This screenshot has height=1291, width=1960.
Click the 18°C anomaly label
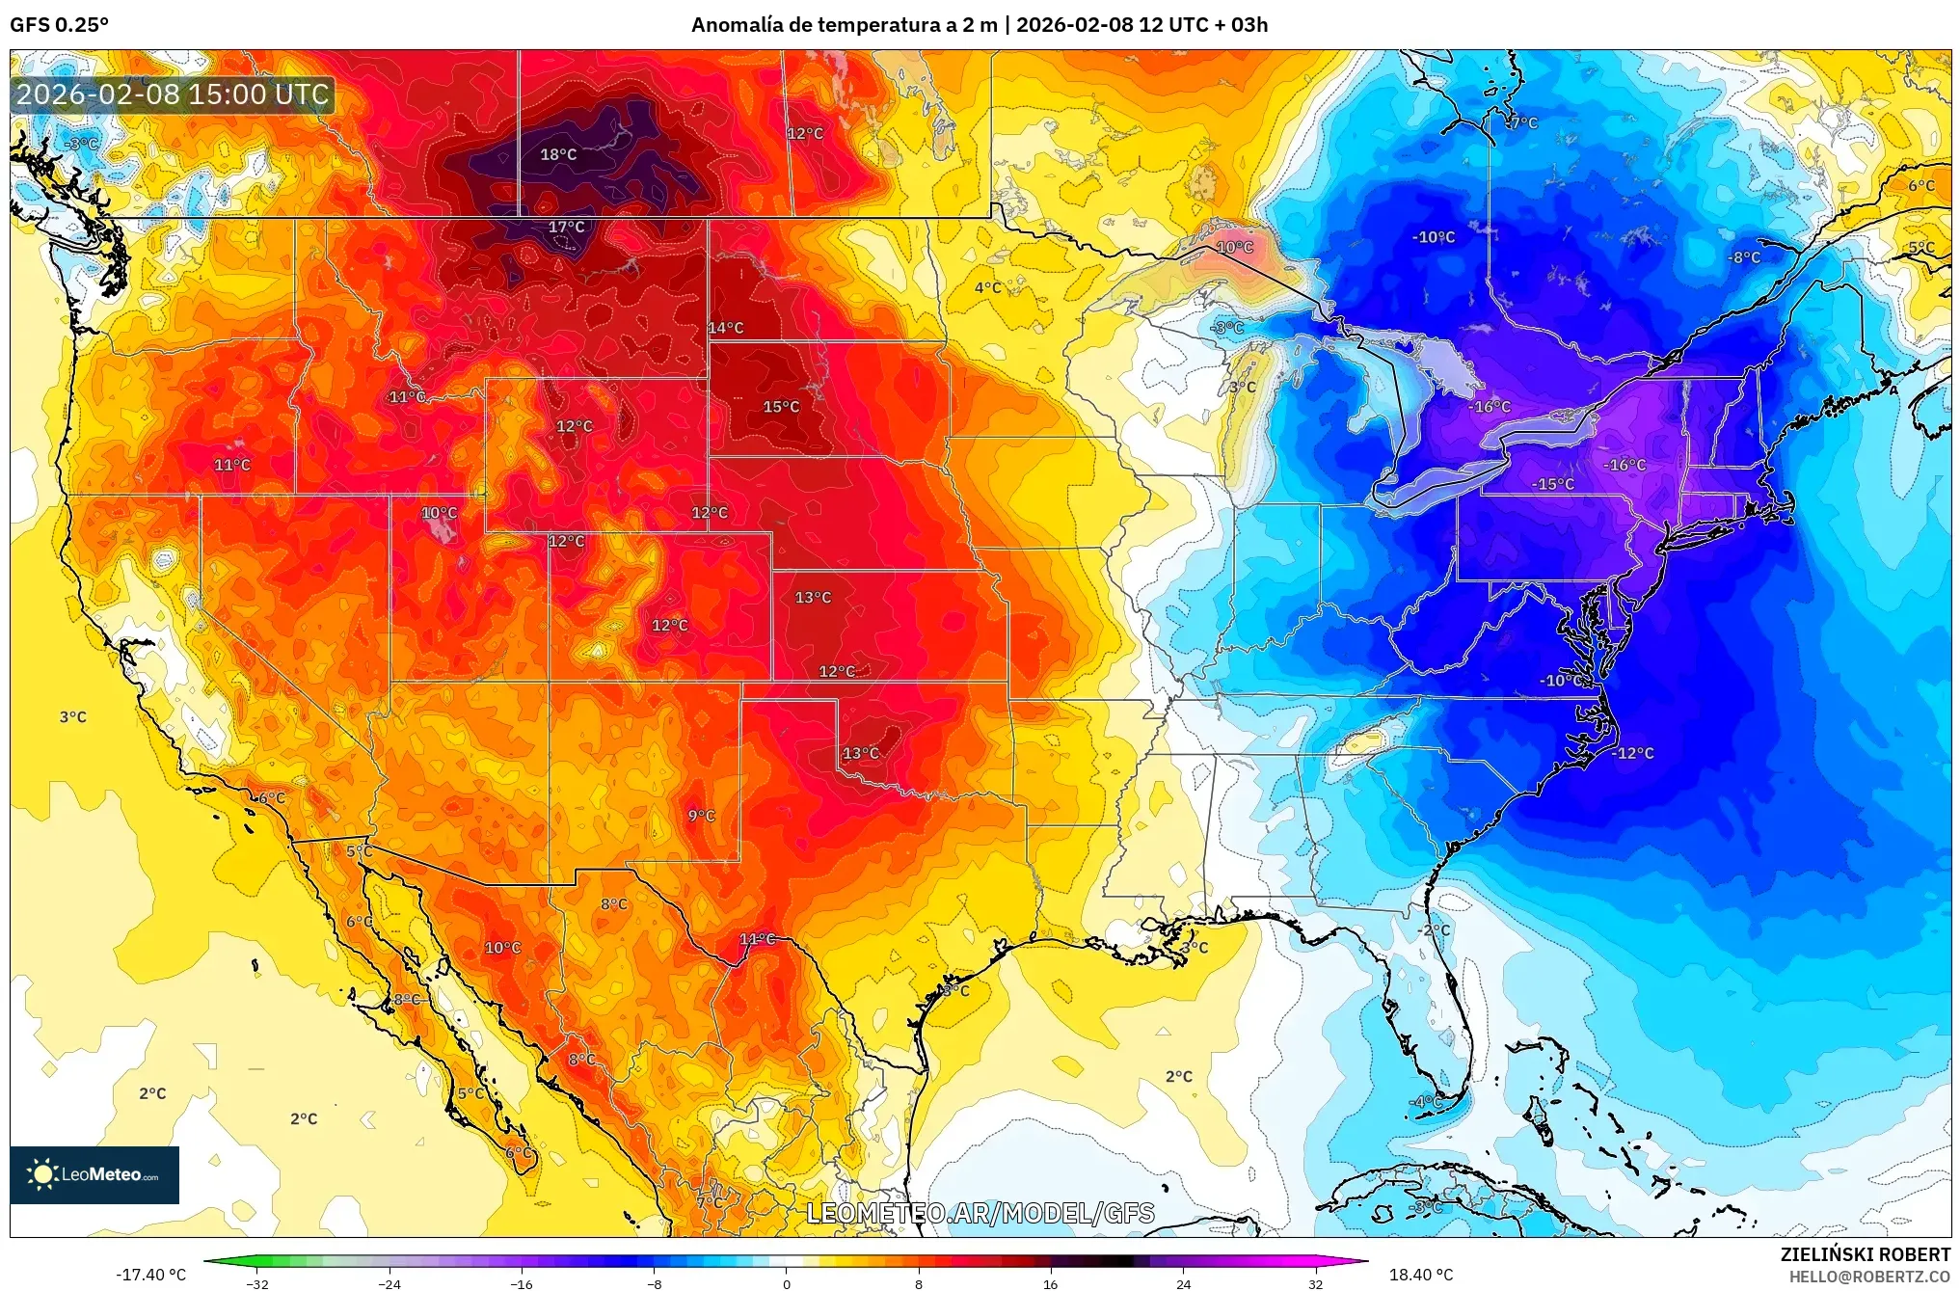pos(558,154)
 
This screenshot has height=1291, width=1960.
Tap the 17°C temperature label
pos(566,228)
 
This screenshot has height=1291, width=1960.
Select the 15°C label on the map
pos(781,407)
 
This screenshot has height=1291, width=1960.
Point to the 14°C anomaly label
pos(726,328)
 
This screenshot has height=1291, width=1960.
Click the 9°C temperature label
pos(701,816)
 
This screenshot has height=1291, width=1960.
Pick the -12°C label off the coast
pos(1633,753)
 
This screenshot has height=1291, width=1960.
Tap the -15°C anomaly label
pos(1553,484)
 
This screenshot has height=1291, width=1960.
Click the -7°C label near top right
pos(1522,123)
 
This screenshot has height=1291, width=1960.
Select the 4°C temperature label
pos(987,287)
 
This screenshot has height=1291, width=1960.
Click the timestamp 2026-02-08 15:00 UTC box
pos(173,94)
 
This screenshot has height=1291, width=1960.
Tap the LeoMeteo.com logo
pos(94,1174)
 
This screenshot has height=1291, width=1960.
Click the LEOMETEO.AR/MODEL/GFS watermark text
pos(980,1213)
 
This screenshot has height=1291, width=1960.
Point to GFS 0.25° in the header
pos(59,25)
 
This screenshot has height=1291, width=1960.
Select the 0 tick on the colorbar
pos(787,1283)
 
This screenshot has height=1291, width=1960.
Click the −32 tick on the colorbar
pos(257,1283)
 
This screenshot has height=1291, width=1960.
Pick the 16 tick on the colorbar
pos(1050,1283)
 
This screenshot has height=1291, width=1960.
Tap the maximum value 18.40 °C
pos(1420,1275)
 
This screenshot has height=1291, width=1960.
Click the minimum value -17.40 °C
pos(151,1275)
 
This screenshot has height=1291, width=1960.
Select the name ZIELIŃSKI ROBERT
pos(1865,1254)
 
